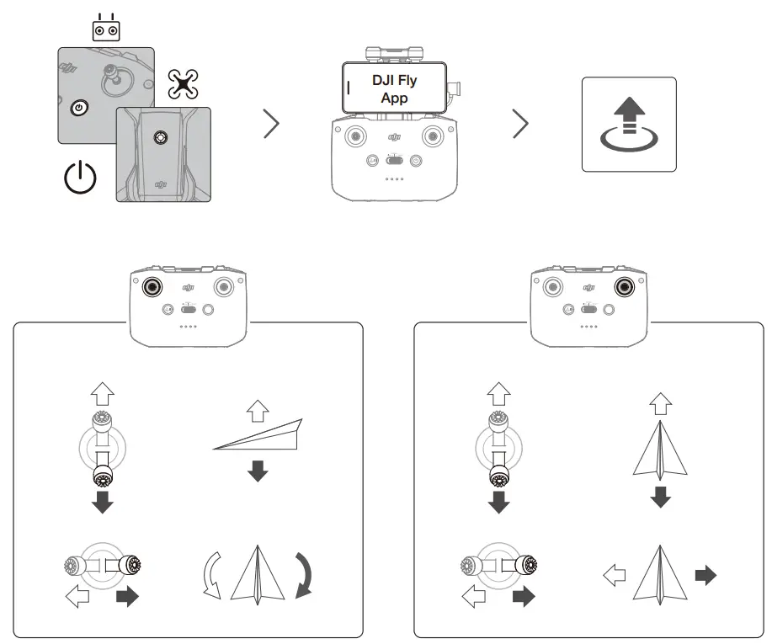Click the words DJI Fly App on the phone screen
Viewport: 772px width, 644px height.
tap(394, 89)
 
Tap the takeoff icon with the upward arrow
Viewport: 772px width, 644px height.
tap(628, 124)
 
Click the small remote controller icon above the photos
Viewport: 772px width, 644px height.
tap(105, 29)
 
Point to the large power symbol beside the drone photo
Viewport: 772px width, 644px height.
tap(81, 177)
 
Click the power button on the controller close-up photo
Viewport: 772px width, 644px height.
tap(79, 108)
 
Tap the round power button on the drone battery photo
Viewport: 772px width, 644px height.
tap(160, 136)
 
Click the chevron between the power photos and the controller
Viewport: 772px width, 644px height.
tap(271, 124)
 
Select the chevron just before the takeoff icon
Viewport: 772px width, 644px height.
tap(521, 124)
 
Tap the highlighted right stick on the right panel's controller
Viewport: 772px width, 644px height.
tap(623, 286)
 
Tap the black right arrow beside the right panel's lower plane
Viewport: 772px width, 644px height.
tap(705, 576)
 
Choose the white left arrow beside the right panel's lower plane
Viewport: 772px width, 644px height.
tap(615, 576)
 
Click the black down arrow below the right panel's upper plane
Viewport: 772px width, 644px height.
tap(661, 497)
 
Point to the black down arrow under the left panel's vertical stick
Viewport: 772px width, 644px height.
tap(103, 503)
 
